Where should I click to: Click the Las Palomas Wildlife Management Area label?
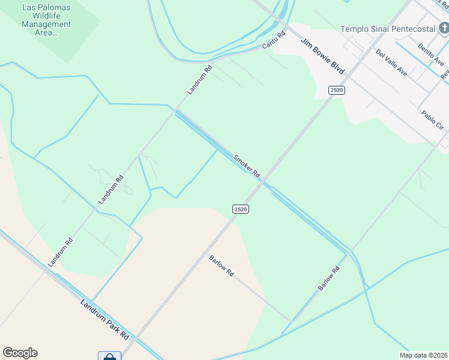click(x=46, y=20)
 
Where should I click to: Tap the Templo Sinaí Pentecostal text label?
click(x=387, y=28)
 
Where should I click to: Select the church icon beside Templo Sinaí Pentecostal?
click(x=442, y=28)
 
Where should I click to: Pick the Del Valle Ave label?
click(x=391, y=62)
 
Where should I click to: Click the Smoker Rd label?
click(x=247, y=166)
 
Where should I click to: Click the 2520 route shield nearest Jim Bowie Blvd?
click(x=337, y=90)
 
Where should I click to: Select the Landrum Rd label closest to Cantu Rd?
click(x=200, y=80)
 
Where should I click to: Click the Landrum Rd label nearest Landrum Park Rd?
click(x=61, y=252)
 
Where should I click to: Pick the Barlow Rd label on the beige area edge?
click(x=221, y=265)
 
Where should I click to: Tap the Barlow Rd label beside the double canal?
click(x=329, y=278)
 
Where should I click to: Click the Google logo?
click(x=20, y=353)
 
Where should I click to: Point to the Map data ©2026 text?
click(x=423, y=355)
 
